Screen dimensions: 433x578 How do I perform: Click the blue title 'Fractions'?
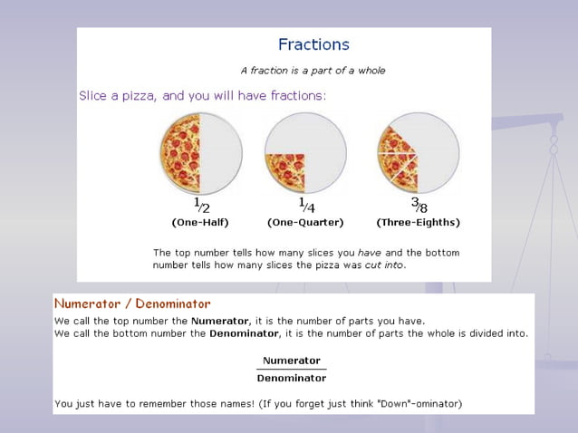(x=313, y=44)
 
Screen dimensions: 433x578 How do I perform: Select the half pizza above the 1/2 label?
(x=181, y=153)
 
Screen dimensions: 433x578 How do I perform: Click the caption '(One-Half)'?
(x=200, y=222)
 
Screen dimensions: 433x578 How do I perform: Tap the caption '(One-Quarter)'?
(x=305, y=222)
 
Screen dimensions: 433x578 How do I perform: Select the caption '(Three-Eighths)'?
(x=418, y=222)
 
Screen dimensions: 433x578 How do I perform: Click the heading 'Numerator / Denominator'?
(x=132, y=304)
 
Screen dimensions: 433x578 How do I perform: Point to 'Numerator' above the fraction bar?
(x=291, y=361)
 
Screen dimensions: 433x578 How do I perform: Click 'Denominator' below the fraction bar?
(x=291, y=379)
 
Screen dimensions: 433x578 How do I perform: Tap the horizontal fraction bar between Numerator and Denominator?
(x=291, y=370)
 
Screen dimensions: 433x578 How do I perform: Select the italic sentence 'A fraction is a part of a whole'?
(x=313, y=70)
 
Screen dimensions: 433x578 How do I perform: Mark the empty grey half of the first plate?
(x=221, y=153)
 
